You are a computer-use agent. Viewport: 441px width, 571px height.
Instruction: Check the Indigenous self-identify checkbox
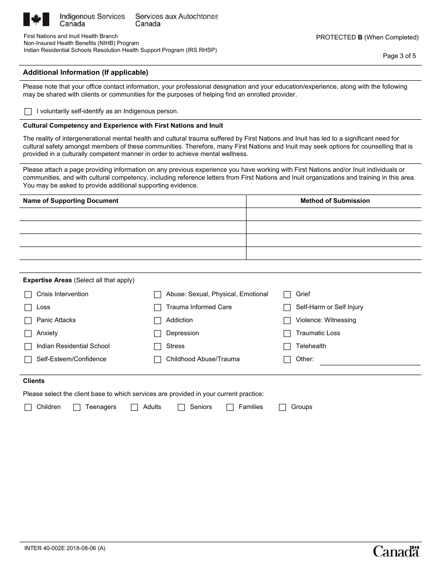(28, 111)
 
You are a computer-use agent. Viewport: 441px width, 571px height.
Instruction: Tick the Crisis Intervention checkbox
(28, 294)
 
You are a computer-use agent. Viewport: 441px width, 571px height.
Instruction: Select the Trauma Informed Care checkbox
(157, 307)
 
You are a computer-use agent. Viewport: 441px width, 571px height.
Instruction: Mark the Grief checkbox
(287, 294)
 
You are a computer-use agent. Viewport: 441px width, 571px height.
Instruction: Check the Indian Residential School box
(28, 346)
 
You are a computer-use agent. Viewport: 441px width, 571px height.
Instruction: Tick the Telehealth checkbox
(287, 346)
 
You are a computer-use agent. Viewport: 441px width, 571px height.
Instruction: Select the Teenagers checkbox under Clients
(77, 407)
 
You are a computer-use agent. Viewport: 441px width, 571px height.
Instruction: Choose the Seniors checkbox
(182, 407)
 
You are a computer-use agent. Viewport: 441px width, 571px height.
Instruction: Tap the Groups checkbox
(282, 407)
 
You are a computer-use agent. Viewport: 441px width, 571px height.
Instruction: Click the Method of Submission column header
(335, 201)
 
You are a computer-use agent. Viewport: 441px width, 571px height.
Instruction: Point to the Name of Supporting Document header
(71, 201)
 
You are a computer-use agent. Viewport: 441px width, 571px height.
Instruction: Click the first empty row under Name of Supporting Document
(133, 214)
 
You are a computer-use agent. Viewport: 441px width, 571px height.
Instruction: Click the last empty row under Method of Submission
(334, 253)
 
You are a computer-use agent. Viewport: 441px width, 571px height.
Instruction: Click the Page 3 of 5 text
(399, 56)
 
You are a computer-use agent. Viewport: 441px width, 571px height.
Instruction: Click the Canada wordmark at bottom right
(396, 551)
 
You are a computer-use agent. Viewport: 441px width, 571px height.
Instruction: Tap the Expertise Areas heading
(47, 280)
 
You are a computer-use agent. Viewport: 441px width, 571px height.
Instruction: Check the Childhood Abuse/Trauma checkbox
(157, 359)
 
